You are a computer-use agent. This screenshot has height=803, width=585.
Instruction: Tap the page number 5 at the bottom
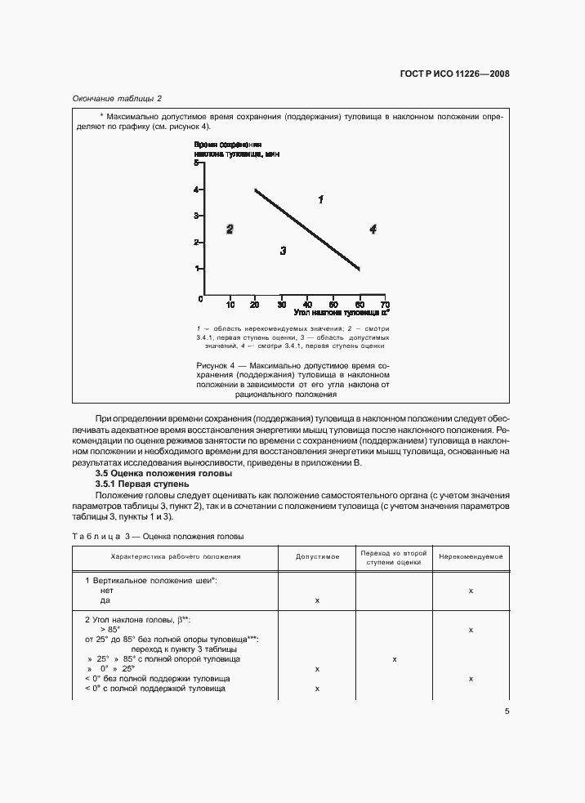(507, 711)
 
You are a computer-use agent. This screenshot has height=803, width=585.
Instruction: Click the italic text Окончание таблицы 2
(118, 99)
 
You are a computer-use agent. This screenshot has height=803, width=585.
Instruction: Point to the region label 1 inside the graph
(321, 199)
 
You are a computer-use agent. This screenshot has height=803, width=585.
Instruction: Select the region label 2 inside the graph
(230, 230)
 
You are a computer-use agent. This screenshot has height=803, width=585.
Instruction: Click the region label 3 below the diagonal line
(283, 251)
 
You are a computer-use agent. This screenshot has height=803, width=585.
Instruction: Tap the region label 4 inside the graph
(373, 230)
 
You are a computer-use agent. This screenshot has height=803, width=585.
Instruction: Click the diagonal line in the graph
(306, 229)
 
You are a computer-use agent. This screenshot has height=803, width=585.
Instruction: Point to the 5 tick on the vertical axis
(196, 163)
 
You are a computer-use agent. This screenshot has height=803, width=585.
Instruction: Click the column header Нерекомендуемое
(470, 556)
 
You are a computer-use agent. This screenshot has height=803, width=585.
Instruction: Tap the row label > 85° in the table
(109, 630)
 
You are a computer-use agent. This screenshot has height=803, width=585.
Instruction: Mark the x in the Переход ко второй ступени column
(394, 658)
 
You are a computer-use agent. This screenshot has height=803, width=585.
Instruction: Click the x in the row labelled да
(317, 600)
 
